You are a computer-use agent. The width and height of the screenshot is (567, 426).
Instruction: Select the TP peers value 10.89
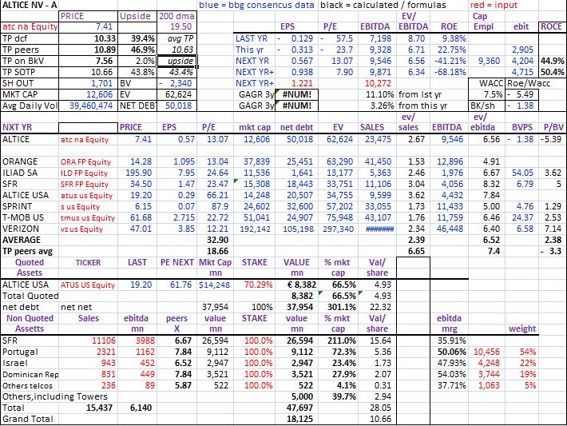tap(105, 50)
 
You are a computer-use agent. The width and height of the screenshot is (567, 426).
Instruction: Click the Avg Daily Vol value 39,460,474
tap(91, 106)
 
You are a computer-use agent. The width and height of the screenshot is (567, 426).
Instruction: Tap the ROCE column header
tap(552, 27)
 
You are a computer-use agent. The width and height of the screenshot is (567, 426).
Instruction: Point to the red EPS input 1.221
tap(302, 83)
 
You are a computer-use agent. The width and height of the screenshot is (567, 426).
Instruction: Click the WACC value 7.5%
tap(494, 94)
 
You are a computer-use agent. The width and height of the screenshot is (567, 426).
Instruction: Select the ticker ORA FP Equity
tap(85, 161)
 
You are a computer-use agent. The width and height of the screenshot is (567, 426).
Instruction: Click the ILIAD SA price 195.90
tap(138, 173)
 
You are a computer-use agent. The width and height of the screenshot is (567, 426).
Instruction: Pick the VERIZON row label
tap(21, 229)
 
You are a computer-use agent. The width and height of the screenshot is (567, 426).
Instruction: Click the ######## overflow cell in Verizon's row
tap(379, 229)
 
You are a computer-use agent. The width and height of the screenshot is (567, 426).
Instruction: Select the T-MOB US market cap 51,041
tap(256, 218)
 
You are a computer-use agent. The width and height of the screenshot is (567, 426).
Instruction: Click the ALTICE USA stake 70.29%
tap(258, 285)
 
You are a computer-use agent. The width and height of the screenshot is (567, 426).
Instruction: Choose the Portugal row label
tap(20, 352)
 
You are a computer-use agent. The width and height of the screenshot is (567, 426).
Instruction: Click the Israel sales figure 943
tap(108, 363)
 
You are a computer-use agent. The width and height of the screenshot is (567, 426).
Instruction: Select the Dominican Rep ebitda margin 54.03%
tap(452, 374)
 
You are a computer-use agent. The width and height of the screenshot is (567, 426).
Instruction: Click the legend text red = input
tap(494, 5)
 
